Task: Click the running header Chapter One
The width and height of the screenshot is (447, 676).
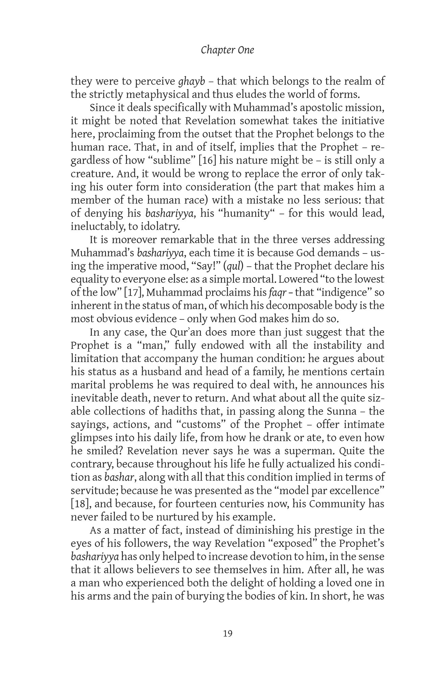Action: [227, 50]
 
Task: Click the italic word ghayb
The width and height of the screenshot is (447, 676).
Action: [191, 81]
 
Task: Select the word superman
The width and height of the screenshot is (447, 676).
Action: [312, 451]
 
